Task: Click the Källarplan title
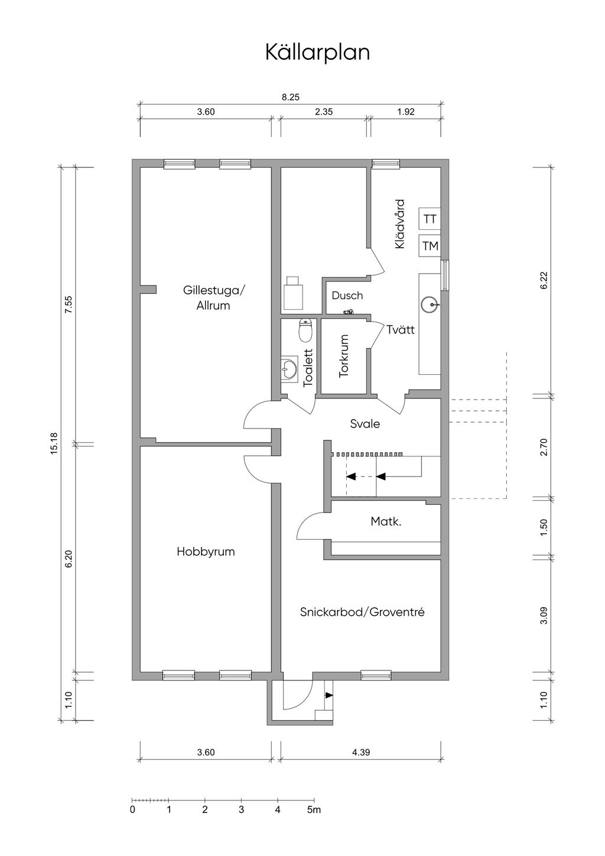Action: pos(317,53)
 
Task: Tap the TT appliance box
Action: pos(430,219)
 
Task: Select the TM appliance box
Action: pos(430,246)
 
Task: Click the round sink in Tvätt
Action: pos(430,304)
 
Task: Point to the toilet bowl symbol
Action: pos(305,330)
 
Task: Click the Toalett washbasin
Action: pos(289,369)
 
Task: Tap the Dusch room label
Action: pos(347,296)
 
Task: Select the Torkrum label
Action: pos(344,356)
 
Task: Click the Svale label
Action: pos(365,424)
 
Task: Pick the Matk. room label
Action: pos(386,521)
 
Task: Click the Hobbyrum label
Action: pos(206,552)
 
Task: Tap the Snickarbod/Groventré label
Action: pos(362,612)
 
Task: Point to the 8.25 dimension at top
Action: pos(291,97)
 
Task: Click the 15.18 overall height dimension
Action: pos(54,443)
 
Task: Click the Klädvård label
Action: pos(399,224)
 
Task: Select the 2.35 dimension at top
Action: pos(324,112)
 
